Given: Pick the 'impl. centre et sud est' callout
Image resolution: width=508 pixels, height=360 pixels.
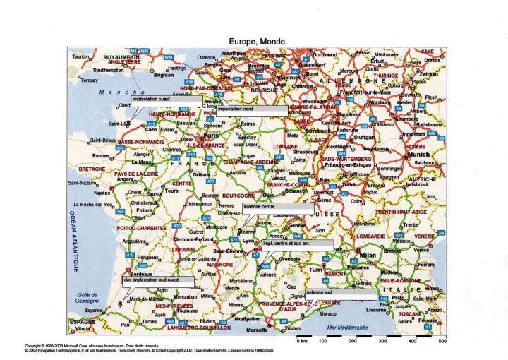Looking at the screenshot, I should (x=297, y=244).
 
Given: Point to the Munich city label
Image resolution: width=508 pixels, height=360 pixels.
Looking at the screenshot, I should (x=418, y=154).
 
